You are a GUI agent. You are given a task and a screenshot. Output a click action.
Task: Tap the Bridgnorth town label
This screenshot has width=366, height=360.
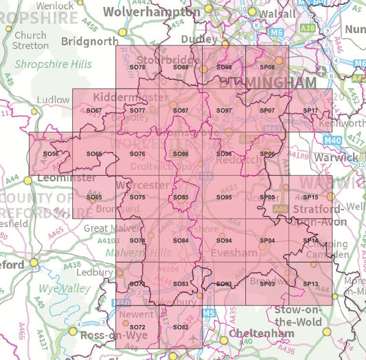click(90, 41)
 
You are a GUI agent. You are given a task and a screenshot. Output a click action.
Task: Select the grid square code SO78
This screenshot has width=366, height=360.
click(137, 67)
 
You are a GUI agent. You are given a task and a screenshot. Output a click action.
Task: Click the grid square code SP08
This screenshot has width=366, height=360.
click(267, 67)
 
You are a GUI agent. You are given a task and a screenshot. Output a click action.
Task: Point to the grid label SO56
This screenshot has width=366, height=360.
click(51, 154)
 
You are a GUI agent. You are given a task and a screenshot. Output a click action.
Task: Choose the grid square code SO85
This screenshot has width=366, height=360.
click(181, 197)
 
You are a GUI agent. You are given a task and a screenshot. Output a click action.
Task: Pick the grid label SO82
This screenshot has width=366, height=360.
click(181, 327)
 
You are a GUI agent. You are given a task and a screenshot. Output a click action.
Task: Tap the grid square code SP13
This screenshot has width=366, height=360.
click(310, 284)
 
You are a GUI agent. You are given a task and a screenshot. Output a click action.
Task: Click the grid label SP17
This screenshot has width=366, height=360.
click(310, 111)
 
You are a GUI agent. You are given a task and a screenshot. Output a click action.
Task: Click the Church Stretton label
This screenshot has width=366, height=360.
click(30, 40)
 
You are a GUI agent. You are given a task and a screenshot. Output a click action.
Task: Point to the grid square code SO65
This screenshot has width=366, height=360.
click(94, 197)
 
